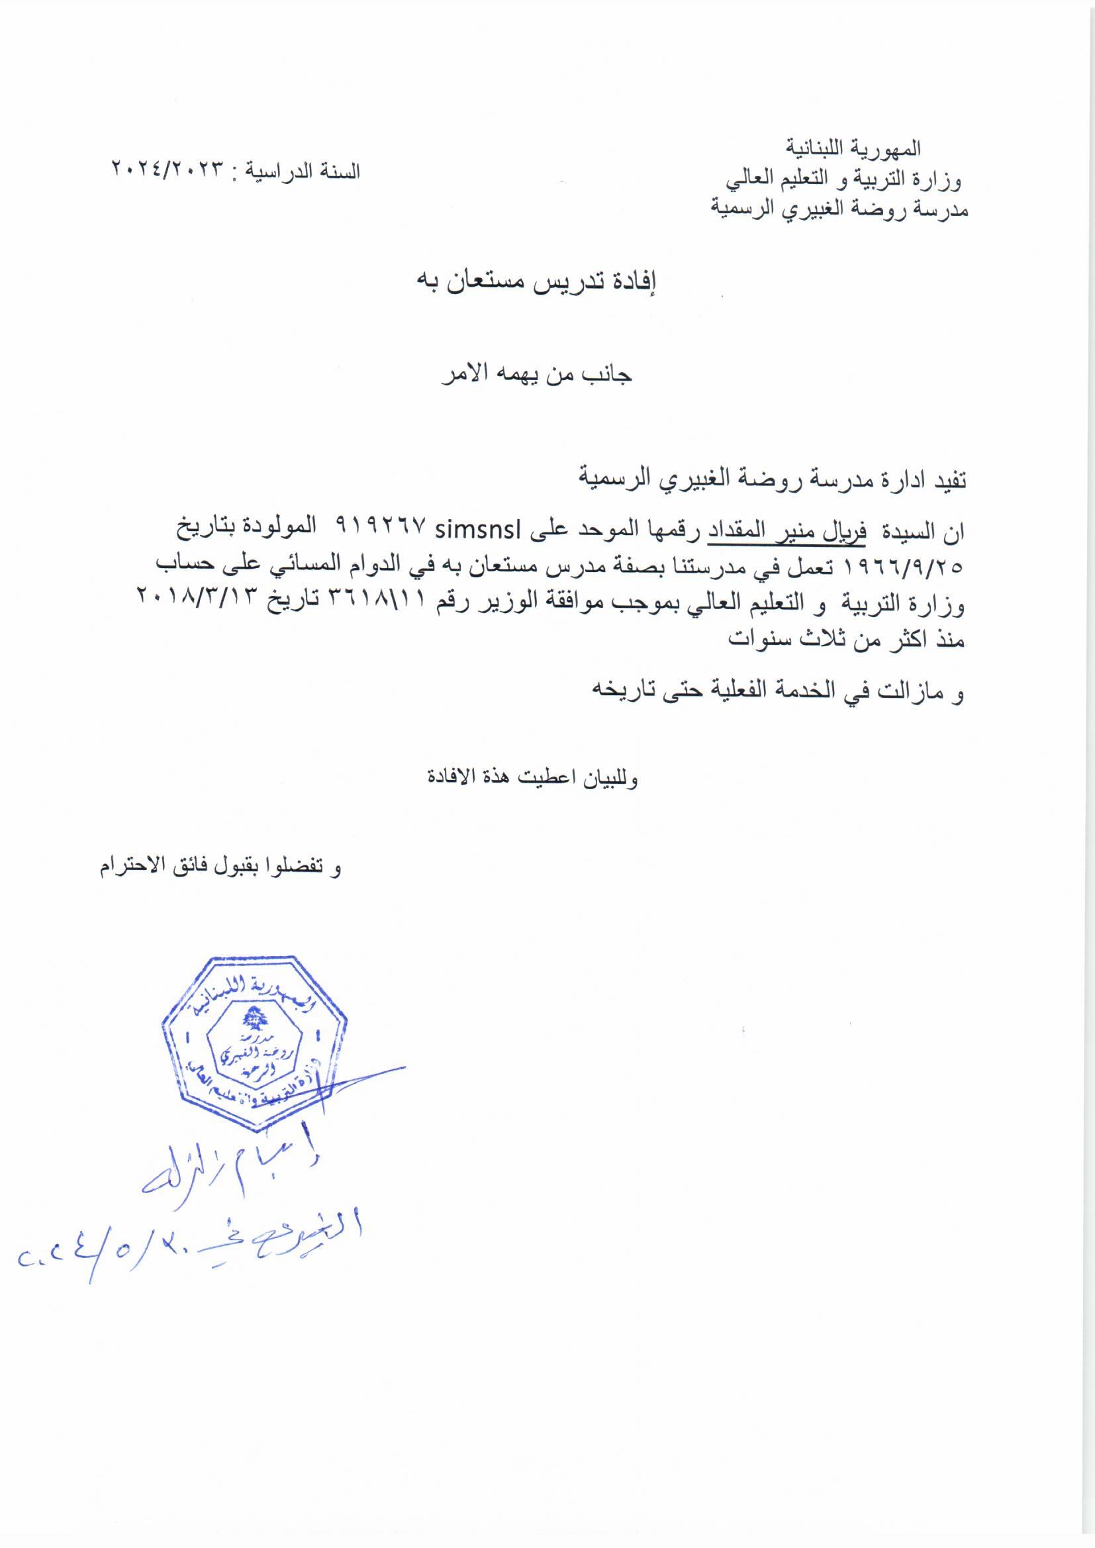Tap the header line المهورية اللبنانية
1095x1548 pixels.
pos(854,146)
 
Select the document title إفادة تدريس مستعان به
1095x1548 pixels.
pos(538,283)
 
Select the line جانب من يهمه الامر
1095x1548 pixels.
pos(538,375)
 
